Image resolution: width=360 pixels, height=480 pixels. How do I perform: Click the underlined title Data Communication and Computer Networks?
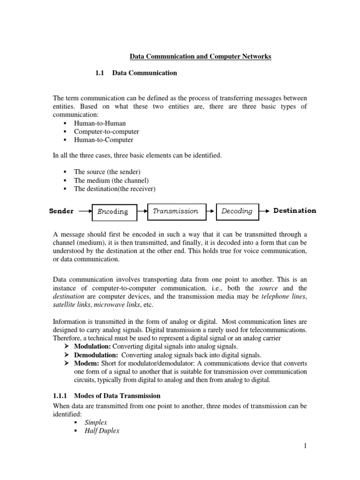pos(200,57)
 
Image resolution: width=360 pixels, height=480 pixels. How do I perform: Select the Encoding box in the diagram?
pos(113,211)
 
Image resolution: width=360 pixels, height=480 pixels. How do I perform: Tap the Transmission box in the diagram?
pos(176,211)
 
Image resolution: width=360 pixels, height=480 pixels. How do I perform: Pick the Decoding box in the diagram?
pos(237,211)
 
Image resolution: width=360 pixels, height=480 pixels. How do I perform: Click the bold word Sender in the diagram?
pos(61,211)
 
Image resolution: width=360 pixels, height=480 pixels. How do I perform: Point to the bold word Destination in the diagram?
pos(294,210)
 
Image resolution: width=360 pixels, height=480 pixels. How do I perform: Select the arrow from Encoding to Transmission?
pos(142,211)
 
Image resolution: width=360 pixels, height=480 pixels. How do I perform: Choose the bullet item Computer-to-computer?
pos(106,132)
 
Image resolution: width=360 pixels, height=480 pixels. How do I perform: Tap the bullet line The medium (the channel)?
pos(111,180)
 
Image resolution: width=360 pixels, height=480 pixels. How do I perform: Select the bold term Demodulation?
pos(96,355)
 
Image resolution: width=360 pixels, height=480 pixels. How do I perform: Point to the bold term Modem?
pos(86,363)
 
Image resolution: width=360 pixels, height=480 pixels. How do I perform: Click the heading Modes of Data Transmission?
pos(119,396)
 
